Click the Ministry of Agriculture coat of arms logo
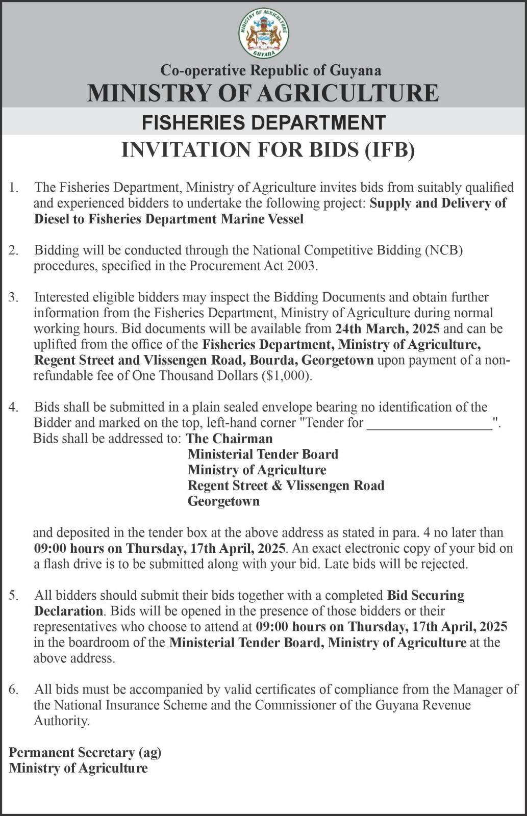point(263,33)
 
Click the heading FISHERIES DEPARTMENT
point(263,123)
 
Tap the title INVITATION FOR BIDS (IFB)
point(268,150)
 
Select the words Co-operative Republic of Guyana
point(271,70)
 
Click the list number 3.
point(14,297)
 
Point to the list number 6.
point(14,690)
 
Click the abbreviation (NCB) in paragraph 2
point(444,250)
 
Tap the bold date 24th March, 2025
point(388,328)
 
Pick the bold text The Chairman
point(230,439)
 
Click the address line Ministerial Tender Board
point(263,454)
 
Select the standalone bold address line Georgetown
point(223,501)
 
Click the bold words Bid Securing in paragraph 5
point(425,596)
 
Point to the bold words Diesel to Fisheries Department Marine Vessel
point(169,219)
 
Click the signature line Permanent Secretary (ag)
point(85,752)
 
